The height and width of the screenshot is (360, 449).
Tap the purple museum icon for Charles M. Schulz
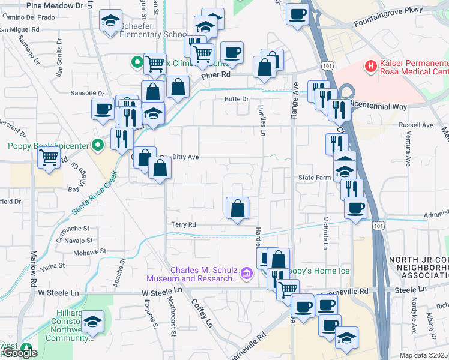pyautogui.click(x=245, y=274)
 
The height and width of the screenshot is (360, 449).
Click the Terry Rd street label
pyautogui.click(x=184, y=224)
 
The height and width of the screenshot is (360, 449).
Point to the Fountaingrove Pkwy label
pyautogui.click(x=388, y=10)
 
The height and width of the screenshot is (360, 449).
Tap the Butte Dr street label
pyautogui.click(x=236, y=99)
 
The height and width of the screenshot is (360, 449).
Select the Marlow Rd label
pyautogui.click(x=34, y=267)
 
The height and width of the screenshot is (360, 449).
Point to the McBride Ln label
pyautogui.click(x=325, y=232)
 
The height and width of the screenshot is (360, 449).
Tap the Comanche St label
pyautogui.click(x=74, y=229)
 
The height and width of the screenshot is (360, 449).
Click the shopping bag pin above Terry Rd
pyautogui.click(x=237, y=208)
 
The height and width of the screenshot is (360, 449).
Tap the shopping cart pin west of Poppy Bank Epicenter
pyautogui.click(x=49, y=158)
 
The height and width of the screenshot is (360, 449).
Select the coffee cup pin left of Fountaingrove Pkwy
pyautogui.click(x=297, y=15)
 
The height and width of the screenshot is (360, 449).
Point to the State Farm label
pyautogui.click(x=315, y=178)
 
